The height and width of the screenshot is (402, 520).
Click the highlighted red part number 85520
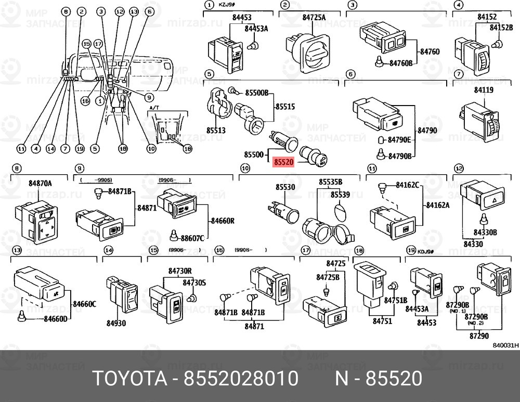(x=284, y=162)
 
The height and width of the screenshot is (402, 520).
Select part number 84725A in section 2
(x=314, y=18)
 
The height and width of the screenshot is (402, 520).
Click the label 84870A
(x=41, y=183)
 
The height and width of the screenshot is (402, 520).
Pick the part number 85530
(x=285, y=186)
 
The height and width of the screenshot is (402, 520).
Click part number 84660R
(x=222, y=221)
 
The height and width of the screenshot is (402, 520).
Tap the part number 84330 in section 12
(x=474, y=243)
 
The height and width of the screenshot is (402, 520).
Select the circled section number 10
(x=245, y=168)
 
